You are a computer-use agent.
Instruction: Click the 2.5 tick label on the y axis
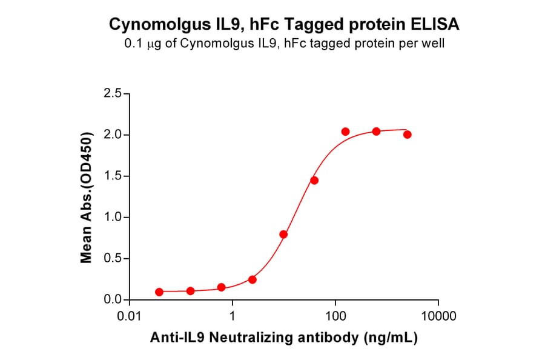pyautogui.click(x=113, y=94)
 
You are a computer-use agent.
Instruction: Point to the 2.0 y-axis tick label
pyautogui.click(x=113, y=135)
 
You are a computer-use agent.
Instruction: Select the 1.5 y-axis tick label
pyautogui.click(x=113, y=176)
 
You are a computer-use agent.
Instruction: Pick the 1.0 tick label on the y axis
pyautogui.click(x=113, y=218)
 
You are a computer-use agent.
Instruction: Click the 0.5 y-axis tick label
pyautogui.click(x=113, y=259)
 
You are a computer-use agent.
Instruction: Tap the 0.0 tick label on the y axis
pyautogui.click(x=113, y=300)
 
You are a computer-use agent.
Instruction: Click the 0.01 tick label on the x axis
pyautogui.click(x=129, y=316)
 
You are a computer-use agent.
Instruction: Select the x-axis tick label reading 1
pyautogui.click(x=233, y=316)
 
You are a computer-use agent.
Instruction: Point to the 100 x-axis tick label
pyautogui.click(x=335, y=316)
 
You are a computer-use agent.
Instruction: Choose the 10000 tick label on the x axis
pyautogui.click(x=438, y=316)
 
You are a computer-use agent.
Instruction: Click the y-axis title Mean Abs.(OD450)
pyautogui.click(x=87, y=197)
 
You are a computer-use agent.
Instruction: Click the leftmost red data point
pyautogui.click(x=159, y=292)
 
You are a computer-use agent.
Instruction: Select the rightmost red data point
pyautogui.click(x=407, y=135)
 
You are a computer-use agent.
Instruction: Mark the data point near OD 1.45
pyautogui.click(x=314, y=181)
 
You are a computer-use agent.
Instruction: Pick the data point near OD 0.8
pyautogui.click(x=283, y=234)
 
